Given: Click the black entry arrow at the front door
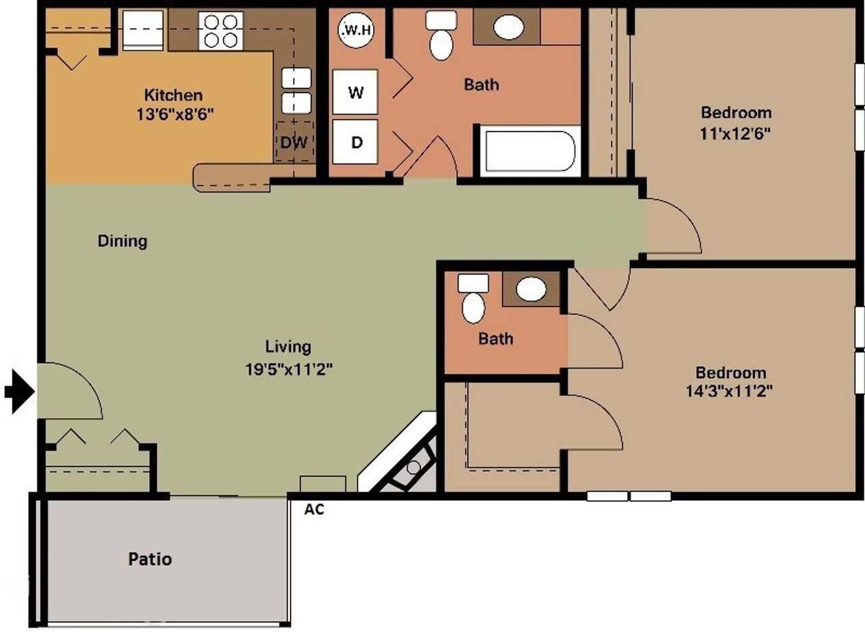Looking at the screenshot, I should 20,391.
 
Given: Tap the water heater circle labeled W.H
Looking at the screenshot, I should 355,30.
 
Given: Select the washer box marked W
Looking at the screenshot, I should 355,92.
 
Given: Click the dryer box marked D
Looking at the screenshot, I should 355,142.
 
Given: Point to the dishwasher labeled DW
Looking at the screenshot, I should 294,142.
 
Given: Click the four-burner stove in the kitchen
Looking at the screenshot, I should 220,31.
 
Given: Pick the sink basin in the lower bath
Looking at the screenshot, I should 531,290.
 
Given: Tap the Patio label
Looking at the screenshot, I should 150,559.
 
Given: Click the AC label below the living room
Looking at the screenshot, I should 314,510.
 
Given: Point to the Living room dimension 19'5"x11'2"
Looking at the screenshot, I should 289,369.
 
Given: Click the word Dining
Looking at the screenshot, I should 122,241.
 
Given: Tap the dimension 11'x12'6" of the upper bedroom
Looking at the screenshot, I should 736,132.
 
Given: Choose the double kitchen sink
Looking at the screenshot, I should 296,90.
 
